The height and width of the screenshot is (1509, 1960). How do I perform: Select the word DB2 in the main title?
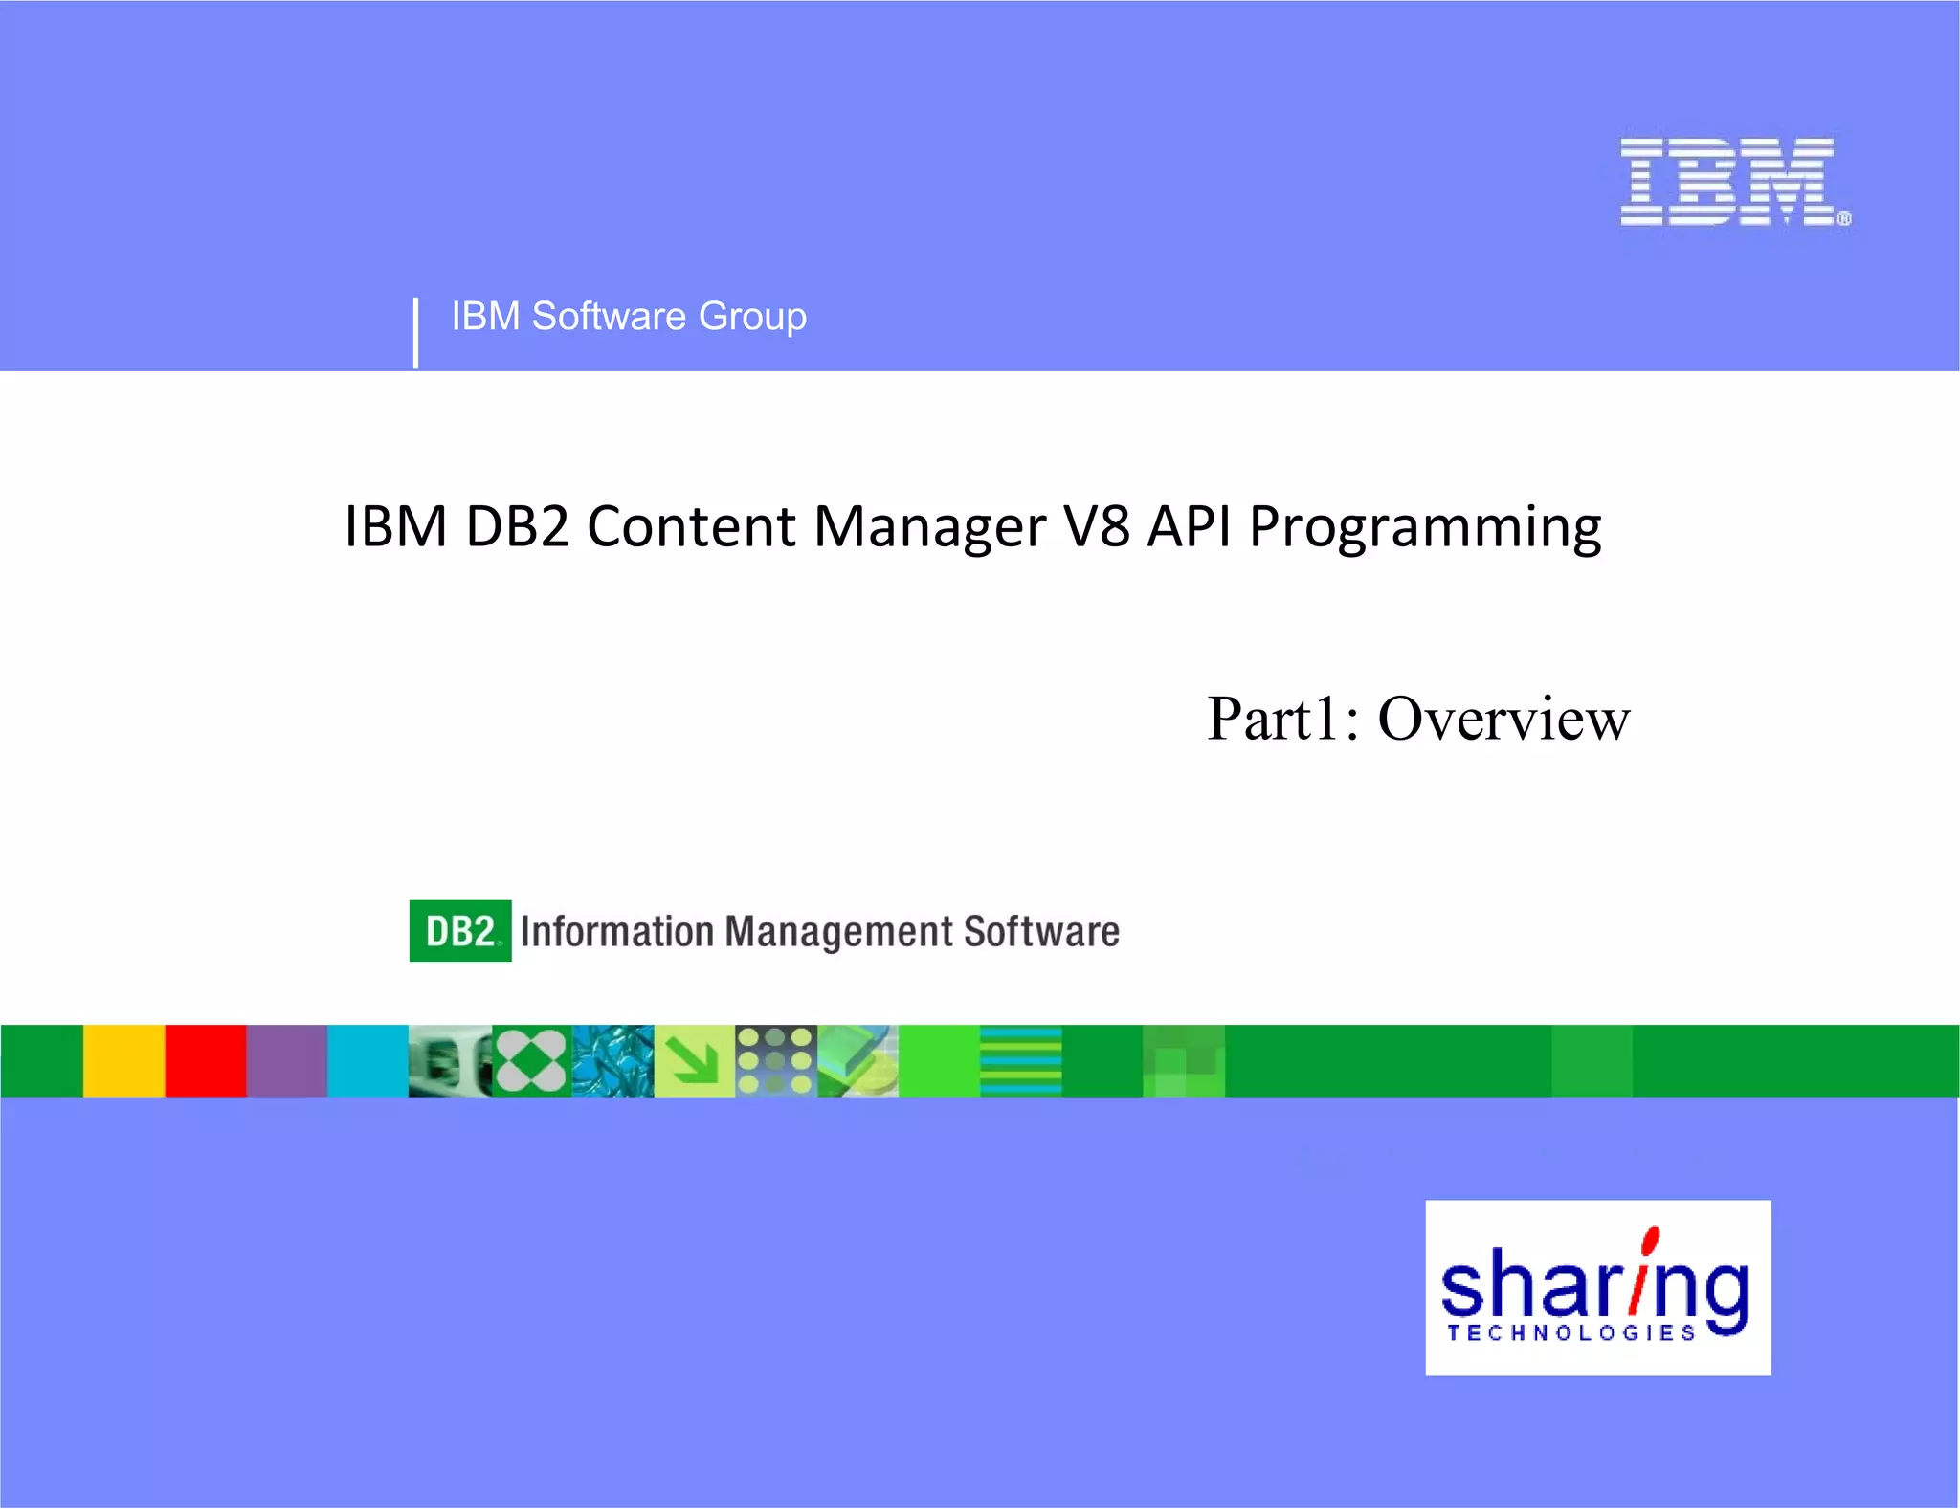pyautogui.click(x=517, y=526)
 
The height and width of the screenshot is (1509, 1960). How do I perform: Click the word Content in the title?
pyautogui.click(x=691, y=526)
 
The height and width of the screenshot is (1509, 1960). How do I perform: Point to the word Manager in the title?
pyautogui.click(x=930, y=528)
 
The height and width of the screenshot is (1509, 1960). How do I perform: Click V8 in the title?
pyautogui.click(x=1098, y=526)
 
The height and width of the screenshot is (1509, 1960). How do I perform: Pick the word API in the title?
pyautogui.click(x=1190, y=526)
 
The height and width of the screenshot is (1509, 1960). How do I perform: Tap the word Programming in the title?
pyautogui.click(x=1425, y=528)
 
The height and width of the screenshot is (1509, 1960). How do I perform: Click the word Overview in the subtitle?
pyautogui.click(x=1503, y=719)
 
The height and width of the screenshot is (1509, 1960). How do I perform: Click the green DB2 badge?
pyautogui.click(x=459, y=931)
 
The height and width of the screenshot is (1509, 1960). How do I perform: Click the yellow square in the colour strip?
pyautogui.click(x=123, y=1060)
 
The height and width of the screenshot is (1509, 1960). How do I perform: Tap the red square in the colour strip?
pyautogui.click(x=205, y=1060)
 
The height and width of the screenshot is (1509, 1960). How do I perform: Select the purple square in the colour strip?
pyautogui.click(x=287, y=1060)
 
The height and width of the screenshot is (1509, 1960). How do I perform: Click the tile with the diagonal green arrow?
pyautogui.click(x=694, y=1060)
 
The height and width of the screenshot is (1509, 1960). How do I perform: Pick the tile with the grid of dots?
pyautogui.click(x=776, y=1060)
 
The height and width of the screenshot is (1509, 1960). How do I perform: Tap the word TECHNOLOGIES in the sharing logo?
pyautogui.click(x=1571, y=1333)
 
